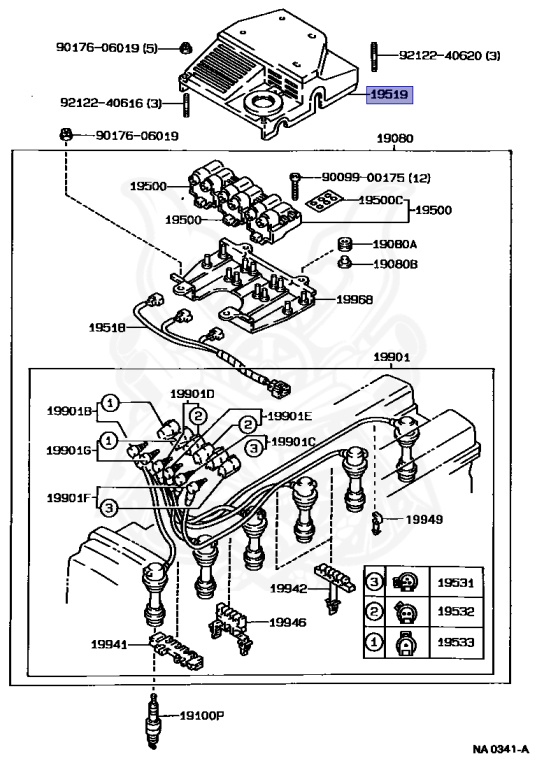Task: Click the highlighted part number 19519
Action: (390, 94)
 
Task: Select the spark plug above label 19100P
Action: (153, 720)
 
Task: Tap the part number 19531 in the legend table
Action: (456, 583)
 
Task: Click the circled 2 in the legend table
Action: (374, 611)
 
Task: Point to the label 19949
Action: (424, 519)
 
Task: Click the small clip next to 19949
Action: (376, 522)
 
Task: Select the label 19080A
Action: (395, 244)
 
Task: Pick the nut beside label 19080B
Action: (345, 263)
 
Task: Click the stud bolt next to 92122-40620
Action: (373, 57)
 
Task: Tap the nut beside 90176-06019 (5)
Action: (185, 48)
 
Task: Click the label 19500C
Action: (381, 200)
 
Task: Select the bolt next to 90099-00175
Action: (295, 185)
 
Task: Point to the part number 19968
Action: (355, 299)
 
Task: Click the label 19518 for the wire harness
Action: (107, 327)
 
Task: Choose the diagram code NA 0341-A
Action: (501, 749)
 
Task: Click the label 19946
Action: (288, 622)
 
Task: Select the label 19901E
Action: (290, 416)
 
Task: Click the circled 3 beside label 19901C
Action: (254, 447)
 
